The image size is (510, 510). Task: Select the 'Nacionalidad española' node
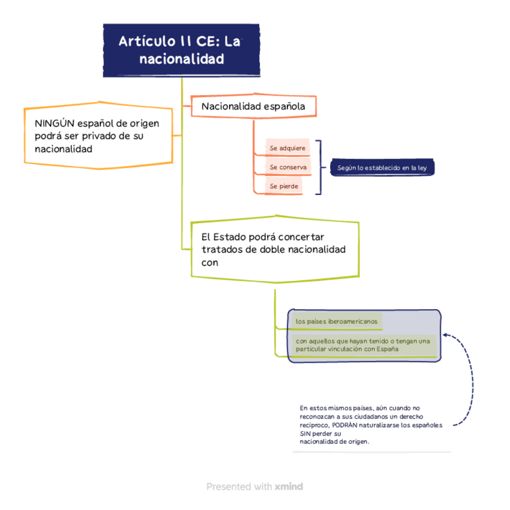(x=253, y=106)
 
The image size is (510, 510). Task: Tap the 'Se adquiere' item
(x=287, y=147)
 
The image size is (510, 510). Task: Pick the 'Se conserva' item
(x=288, y=167)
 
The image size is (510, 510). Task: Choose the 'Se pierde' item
(x=283, y=186)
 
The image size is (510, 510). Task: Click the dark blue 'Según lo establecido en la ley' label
(x=382, y=168)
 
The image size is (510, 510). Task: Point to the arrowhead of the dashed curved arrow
(x=446, y=334)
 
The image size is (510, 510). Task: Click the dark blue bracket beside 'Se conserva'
(x=320, y=167)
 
